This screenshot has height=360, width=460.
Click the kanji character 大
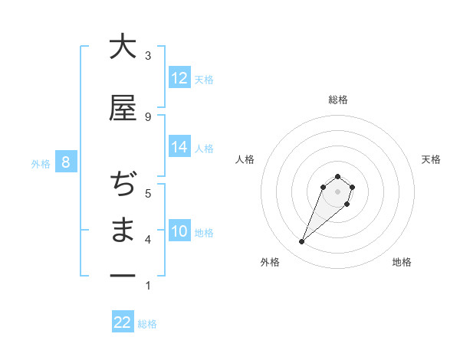[x=123, y=47]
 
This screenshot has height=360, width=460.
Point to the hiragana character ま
[x=123, y=231]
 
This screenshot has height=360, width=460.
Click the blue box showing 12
[x=179, y=78]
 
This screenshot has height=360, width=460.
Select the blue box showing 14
[x=179, y=147]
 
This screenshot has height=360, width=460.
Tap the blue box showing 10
[x=179, y=231]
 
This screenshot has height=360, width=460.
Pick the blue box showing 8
[x=66, y=162]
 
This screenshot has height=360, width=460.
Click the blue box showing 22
[x=123, y=322]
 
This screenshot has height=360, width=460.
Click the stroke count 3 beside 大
[x=148, y=56]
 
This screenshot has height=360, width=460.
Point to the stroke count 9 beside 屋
[x=148, y=116]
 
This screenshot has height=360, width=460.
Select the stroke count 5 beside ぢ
[x=148, y=193]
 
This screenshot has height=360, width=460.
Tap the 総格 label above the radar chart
[x=338, y=100]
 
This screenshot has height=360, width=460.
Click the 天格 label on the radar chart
[x=431, y=159]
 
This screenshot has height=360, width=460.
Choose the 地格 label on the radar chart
[x=402, y=262]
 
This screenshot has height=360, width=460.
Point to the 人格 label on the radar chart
[x=245, y=159]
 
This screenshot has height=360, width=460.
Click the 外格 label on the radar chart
[x=270, y=262]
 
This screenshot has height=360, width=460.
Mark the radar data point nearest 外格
[x=302, y=242]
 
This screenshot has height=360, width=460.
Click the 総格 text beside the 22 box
[x=147, y=324]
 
